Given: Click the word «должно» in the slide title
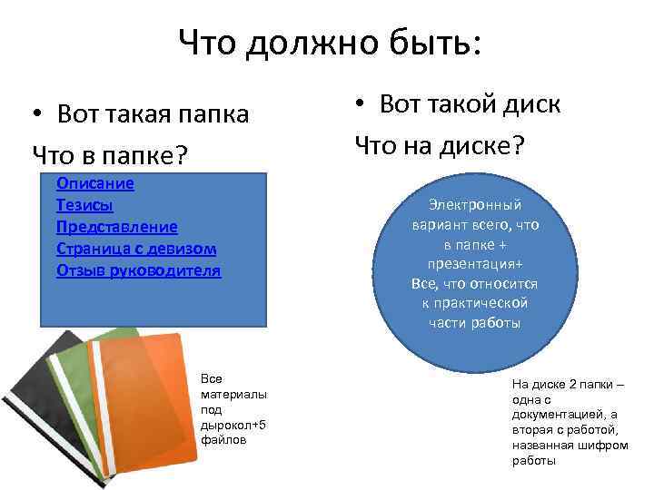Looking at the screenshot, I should point(314,43).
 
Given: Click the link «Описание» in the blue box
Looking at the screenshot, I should point(95,183).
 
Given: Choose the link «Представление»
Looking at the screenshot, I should point(117,227).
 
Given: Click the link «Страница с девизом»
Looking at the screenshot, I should point(136,249).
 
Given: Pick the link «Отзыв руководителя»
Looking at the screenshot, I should point(138,270).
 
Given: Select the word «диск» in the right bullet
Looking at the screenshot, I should point(529,104).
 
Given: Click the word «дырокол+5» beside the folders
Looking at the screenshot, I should point(233,425).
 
